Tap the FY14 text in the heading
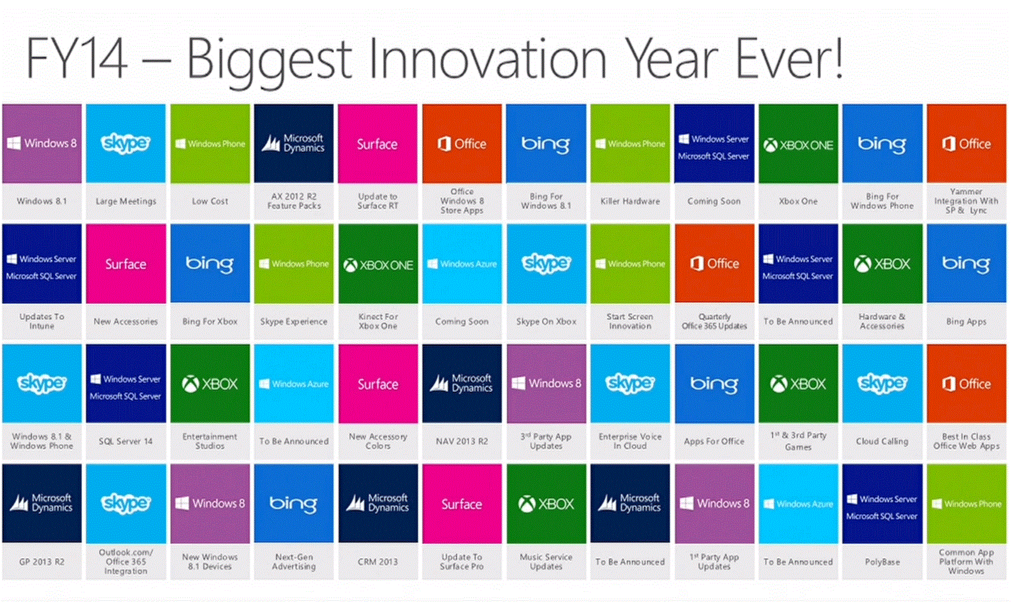click(77, 59)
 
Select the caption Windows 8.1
click(42, 201)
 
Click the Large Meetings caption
click(126, 201)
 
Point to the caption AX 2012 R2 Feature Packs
click(294, 201)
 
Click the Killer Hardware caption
click(630, 201)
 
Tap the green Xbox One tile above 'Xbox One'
click(798, 143)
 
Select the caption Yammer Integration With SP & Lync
click(966, 201)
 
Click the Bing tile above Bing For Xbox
click(210, 263)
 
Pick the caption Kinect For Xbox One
click(378, 321)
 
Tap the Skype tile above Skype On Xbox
click(546, 263)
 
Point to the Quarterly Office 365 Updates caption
click(714, 321)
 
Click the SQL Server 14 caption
click(126, 441)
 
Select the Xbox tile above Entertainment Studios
click(210, 383)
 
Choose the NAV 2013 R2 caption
click(462, 441)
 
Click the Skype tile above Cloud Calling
click(882, 383)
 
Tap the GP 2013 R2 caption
click(42, 562)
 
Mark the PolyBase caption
click(882, 562)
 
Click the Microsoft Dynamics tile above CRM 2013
click(378, 503)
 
